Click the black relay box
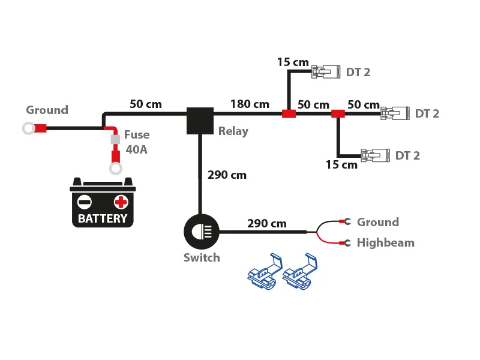click(x=200, y=121)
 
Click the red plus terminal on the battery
click(x=121, y=202)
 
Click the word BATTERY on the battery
click(x=103, y=218)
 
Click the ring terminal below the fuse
click(x=115, y=169)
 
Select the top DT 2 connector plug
click(x=325, y=72)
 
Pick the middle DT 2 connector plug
click(x=394, y=113)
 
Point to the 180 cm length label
click(x=250, y=104)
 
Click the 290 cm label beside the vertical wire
click(x=227, y=175)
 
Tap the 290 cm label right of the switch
click(x=267, y=224)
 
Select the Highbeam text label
click(x=385, y=243)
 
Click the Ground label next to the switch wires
click(x=377, y=223)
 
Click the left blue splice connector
click(x=265, y=274)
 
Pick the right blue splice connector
click(x=299, y=274)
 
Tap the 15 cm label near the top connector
click(x=293, y=62)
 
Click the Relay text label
click(x=233, y=131)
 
